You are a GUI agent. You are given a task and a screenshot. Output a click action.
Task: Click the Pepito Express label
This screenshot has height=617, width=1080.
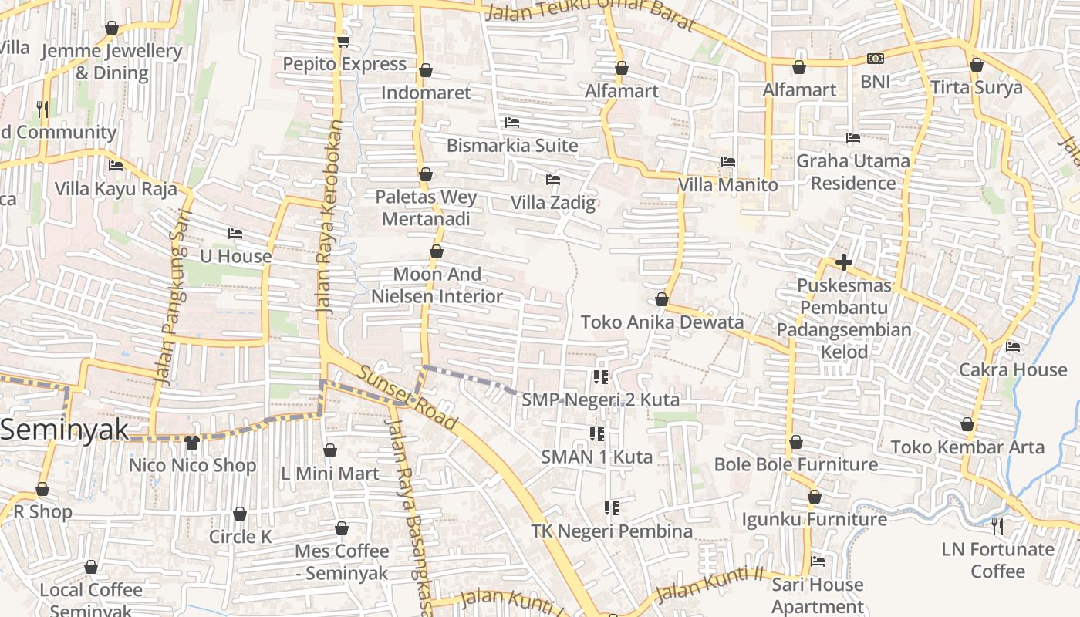(x=344, y=64)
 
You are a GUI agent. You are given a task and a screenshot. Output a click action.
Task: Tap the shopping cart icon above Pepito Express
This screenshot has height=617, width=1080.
(x=343, y=41)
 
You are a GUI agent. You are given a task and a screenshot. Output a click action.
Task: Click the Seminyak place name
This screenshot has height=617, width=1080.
(x=65, y=430)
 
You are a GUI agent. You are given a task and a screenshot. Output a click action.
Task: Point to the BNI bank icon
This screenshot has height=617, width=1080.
(x=876, y=59)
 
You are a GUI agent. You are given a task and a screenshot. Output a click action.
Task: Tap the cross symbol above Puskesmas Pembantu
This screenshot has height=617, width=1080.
(x=843, y=263)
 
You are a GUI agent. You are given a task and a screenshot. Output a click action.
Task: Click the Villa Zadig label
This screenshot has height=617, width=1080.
(x=553, y=203)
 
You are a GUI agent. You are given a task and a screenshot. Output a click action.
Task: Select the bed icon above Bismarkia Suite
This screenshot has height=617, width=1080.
(x=511, y=123)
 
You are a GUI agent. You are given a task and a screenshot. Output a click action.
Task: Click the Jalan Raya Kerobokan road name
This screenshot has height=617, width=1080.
(x=329, y=216)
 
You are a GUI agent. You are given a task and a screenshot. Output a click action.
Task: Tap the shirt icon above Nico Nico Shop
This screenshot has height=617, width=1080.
(x=192, y=443)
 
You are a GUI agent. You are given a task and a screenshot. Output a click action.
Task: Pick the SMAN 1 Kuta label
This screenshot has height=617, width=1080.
(x=596, y=457)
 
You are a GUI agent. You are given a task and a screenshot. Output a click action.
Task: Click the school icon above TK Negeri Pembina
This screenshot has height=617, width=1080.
(x=611, y=508)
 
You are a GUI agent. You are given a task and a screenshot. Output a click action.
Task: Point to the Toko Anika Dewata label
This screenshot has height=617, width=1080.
(x=662, y=322)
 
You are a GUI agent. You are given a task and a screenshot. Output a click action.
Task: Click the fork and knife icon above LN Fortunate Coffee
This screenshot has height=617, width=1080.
(x=997, y=527)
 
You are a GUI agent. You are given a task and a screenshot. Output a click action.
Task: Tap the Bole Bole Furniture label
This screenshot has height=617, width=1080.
(x=795, y=464)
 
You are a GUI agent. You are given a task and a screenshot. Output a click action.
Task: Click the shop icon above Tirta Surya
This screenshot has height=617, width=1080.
(x=976, y=65)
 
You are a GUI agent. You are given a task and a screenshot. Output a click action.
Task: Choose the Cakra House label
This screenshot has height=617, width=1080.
(x=1012, y=369)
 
